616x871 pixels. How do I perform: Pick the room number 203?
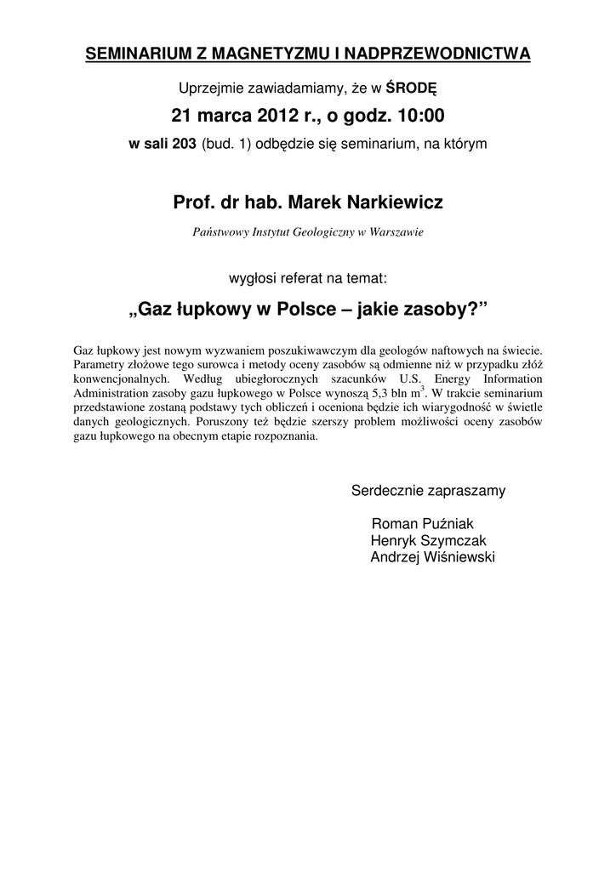(184, 144)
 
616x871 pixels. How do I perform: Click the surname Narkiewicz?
(386, 203)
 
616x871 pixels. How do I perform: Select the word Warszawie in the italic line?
(396, 232)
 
